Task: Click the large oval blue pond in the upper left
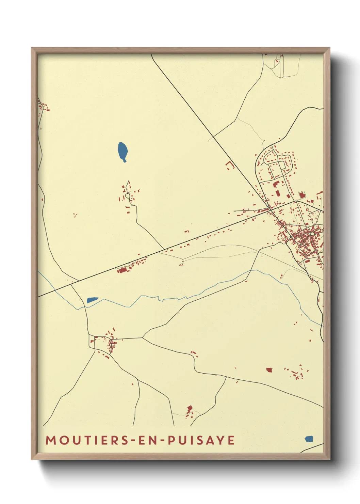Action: point(122,151)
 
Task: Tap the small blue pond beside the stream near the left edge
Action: point(92,300)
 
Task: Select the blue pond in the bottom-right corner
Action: point(309,439)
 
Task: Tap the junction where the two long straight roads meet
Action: point(269,207)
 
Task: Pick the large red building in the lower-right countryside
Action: point(269,370)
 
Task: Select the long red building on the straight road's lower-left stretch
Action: point(122,270)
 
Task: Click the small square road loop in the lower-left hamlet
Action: point(92,342)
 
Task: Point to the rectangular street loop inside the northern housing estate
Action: point(282,166)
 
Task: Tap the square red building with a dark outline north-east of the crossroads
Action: point(301,195)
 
